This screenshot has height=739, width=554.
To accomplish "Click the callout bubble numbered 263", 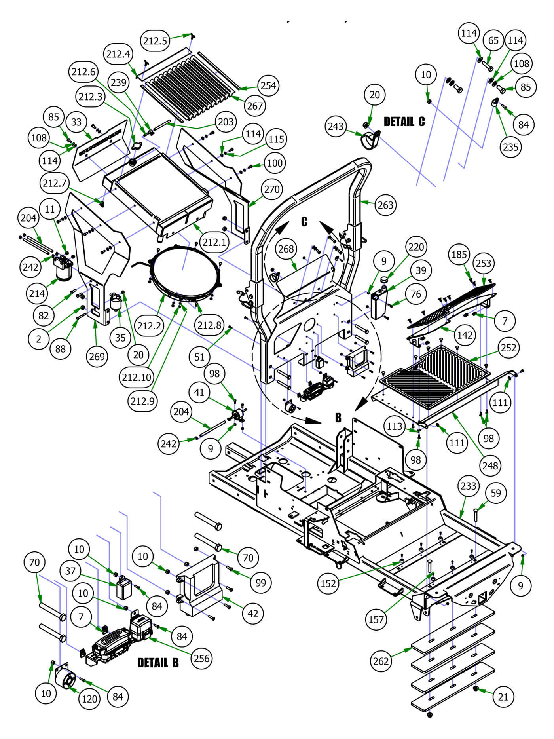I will (x=385, y=205).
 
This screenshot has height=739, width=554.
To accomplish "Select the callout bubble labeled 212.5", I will (x=155, y=40).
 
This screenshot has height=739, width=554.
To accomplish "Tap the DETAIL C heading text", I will (x=404, y=122).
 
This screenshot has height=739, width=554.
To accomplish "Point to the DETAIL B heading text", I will (x=158, y=663).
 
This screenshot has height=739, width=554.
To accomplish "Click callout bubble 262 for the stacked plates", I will (x=381, y=661).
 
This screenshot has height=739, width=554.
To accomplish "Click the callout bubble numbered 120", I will (x=89, y=699).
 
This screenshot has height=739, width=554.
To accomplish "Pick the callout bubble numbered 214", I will (x=37, y=293).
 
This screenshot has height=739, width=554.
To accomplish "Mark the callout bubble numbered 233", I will (x=469, y=486).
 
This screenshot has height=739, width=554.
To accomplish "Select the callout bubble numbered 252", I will (x=508, y=348).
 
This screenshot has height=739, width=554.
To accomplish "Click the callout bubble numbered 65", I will (x=493, y=40).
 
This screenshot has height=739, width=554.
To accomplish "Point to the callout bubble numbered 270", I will (x=271, y=189).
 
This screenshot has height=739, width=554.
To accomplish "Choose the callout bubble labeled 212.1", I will (x=214, y=242).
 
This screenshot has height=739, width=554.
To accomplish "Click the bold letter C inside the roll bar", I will (x=304, y=221).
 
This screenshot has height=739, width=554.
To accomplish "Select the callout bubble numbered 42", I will (x=252, y=614).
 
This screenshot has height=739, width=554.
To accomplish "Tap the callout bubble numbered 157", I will (x=376, y=619).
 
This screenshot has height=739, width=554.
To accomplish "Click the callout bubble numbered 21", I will (x=503, y=696).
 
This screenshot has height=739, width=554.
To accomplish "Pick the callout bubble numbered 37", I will (x=70, y=571).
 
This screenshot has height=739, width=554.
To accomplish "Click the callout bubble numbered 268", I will (x=286, y=249).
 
